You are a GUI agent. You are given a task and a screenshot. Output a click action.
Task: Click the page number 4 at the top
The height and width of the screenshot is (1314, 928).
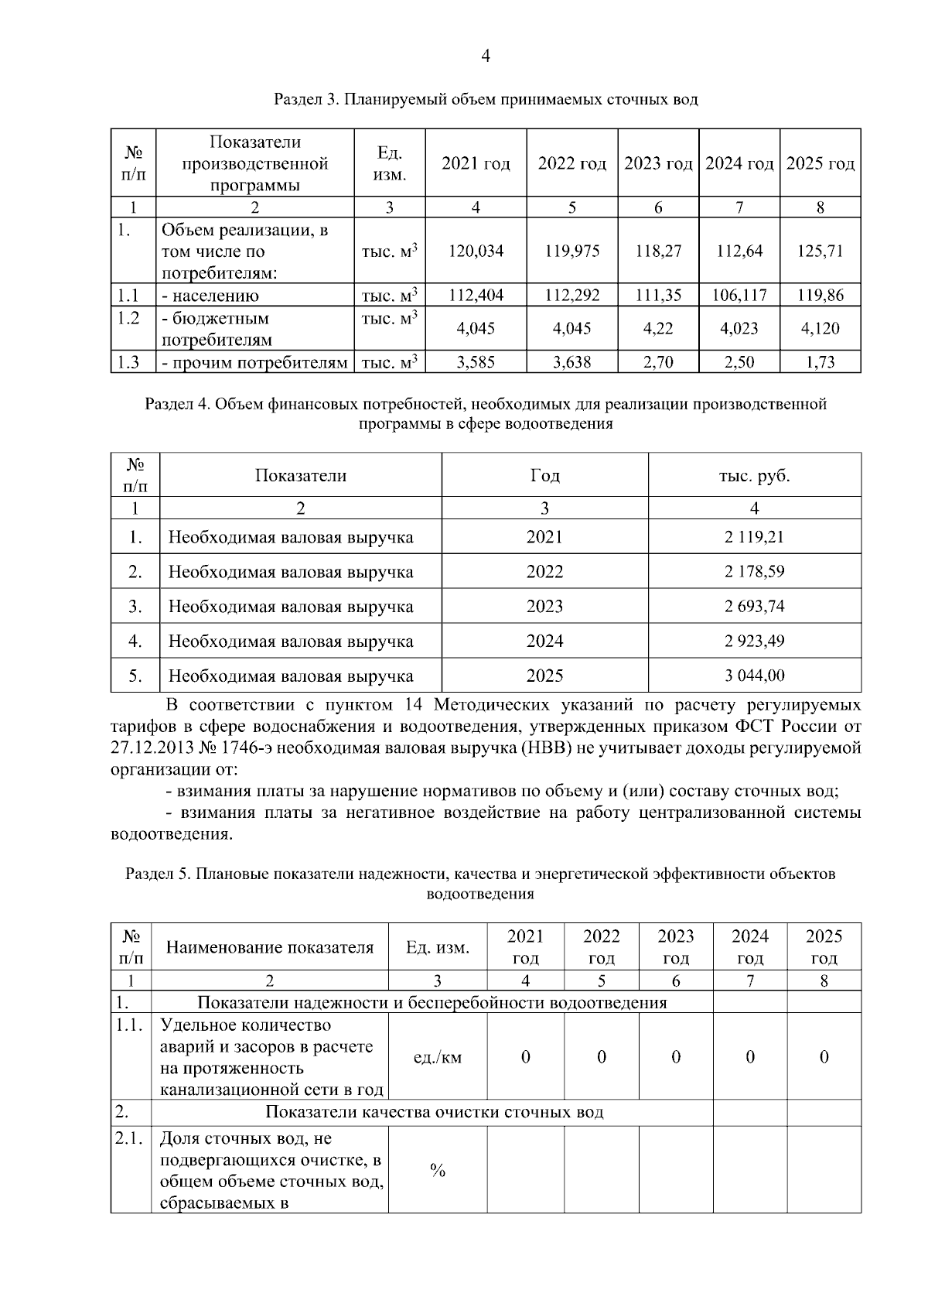[x=486, y=56]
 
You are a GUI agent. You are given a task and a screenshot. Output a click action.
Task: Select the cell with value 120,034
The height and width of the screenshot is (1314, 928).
[x=476, y=251]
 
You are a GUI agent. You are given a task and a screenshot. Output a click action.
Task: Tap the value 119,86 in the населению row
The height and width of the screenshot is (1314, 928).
[x=820, y=295]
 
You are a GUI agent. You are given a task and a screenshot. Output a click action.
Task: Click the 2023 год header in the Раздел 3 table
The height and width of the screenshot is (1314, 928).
[x=658, y=164]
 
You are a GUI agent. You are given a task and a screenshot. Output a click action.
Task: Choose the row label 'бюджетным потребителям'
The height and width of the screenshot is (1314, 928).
[x=216, y=329]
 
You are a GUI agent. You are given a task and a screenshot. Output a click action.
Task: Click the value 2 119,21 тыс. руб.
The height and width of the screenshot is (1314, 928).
[x=754, y=537]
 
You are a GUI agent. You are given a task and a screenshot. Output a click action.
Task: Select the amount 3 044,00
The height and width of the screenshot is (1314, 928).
[x=754, y=676]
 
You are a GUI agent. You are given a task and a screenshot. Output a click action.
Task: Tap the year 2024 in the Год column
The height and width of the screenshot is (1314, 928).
[x=544, y=641]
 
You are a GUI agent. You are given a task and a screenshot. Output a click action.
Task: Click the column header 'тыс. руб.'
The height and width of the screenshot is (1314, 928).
[x=754, y=476]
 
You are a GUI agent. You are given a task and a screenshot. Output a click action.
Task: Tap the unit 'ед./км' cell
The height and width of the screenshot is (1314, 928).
[x=438, y=1057]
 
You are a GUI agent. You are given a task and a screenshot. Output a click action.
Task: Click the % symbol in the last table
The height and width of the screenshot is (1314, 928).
[x=438, y=1171]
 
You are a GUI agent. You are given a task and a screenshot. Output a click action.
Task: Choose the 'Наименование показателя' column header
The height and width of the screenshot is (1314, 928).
[x=270, y=947]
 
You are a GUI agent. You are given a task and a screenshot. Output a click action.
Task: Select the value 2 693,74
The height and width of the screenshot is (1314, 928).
[x=754, y=606]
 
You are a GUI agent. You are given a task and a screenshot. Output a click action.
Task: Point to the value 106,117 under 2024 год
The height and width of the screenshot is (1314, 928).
[x=739, y=295]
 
